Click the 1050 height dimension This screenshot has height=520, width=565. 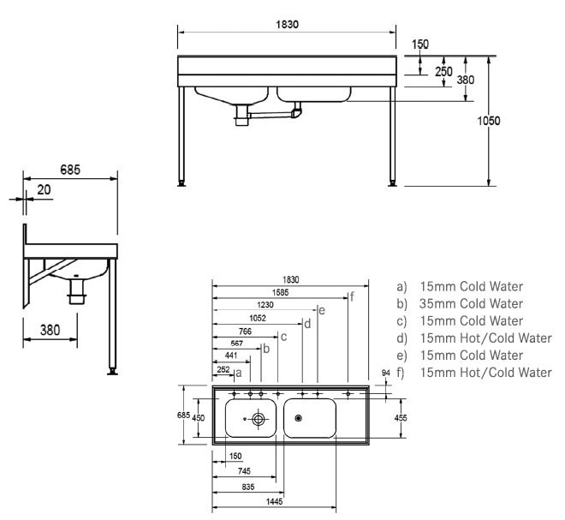point(489,121)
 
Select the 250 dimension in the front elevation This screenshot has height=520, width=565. point(443,72)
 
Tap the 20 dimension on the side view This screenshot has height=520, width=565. point(43,189)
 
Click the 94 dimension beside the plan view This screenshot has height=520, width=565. point(384,374)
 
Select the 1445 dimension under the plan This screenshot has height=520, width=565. point(276,501)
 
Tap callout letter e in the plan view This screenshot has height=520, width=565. point(321,309)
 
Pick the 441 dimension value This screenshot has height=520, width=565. point(222,356)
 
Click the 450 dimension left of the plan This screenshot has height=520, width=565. point(199,418)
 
